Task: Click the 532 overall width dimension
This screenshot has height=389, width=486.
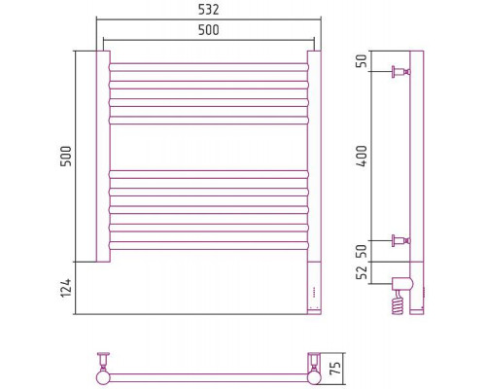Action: click(x=209, y=10)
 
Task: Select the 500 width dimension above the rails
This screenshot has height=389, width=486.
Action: click(x=209, y=30)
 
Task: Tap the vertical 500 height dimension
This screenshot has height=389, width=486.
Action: click(x=66, y=157)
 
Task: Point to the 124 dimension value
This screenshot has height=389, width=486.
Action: click(x=66, y=288)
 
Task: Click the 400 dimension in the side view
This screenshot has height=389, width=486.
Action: click(x=362, y=156)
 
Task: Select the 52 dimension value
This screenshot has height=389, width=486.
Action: click(x=362, y=272)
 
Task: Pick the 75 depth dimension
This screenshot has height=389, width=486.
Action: click(x=336, y=368)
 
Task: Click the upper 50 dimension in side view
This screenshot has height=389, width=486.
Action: click(x=362, y=60)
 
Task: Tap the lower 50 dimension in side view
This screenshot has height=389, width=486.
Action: click(x=362, y=251)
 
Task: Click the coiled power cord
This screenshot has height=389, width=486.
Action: click(x=399, y=301)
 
